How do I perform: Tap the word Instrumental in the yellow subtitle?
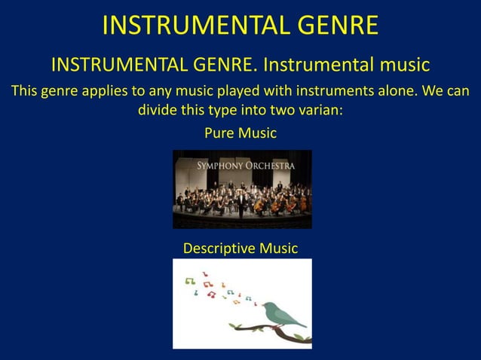click(317, 66)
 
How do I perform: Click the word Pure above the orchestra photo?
click(219, 133)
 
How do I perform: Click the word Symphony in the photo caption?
click(221, 165)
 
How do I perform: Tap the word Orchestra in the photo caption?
click(271, 165)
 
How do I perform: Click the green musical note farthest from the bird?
click(189, 280)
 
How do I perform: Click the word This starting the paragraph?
click(24, 92)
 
